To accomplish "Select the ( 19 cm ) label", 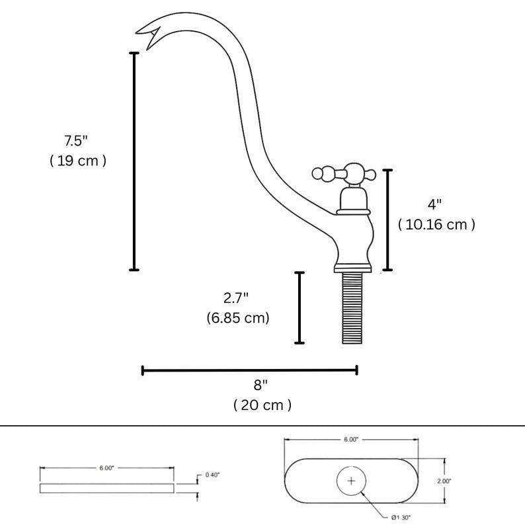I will (x=78, y=161).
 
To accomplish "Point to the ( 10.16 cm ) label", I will (x=436, y=224).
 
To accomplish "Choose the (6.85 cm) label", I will (x=237, y=317).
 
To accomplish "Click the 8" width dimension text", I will (x=262, y=384).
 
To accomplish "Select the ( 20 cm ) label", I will (x=262, y=405).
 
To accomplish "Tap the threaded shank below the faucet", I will (x=354, y=308).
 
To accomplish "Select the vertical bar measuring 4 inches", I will (x=388, y=220).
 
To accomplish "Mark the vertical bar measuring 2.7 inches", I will (x=300, y=307).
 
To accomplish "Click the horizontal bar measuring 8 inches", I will (x=249, y=370).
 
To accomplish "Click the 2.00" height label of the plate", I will (x=444, y=481).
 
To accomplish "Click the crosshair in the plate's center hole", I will (x=351, y=481).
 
